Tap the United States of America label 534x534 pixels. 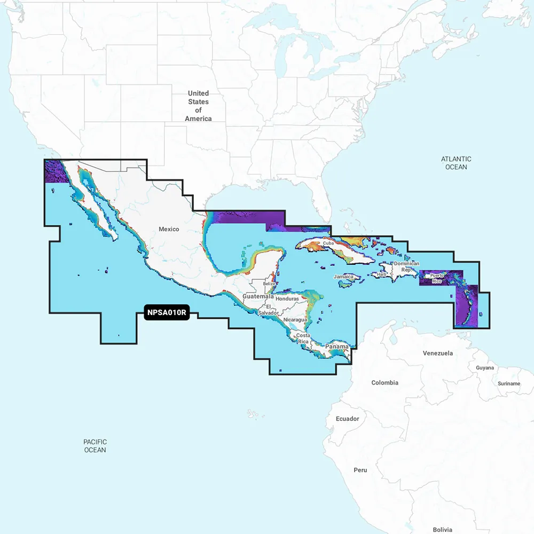click(198, 106)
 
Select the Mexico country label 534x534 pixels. click(169, 229)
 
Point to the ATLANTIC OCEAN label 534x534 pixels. click(456, 163)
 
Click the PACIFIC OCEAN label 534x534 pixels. click(95, 446)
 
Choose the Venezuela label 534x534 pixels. click(437, 354)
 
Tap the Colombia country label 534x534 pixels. click(384, 383)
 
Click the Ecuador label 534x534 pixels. click(347, 419)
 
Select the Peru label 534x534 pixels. click(360, 470)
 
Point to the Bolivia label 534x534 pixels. click(443, 530)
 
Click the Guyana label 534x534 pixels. click(485, 368)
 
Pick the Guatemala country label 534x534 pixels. click(258, 296)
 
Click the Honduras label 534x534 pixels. click(288, 299)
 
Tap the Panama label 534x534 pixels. click(336, 347)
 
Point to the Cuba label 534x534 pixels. click(328, 244)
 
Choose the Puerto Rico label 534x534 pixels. click(437, 278)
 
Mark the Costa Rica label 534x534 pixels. click(303, 338)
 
